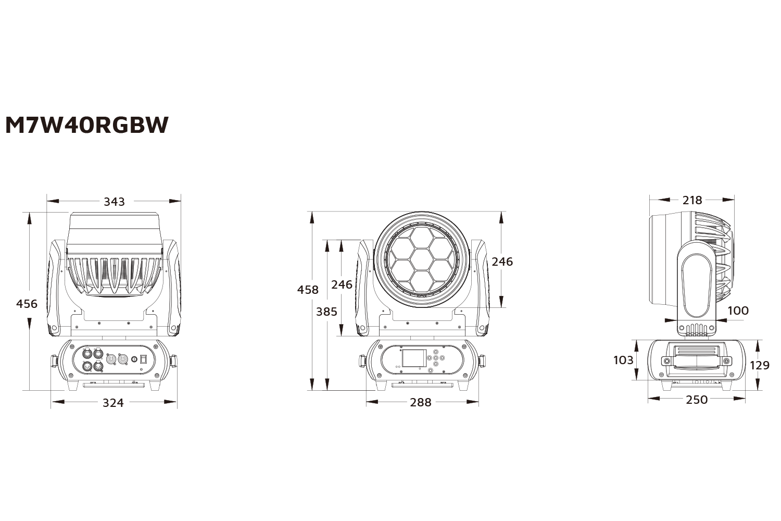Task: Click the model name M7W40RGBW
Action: (86, 125)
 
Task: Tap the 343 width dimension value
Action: (114, 201)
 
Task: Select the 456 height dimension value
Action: (27, 303)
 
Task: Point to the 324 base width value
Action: (113, 403)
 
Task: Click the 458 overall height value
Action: (308, 290)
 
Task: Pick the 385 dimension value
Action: (326, 312)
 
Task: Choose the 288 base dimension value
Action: (421, 402)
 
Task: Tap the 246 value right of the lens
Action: (502, 262)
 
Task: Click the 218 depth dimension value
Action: (692, 200)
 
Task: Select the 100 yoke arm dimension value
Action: (738, 311)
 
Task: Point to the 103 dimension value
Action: (623, 360)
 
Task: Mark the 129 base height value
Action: (759, 365)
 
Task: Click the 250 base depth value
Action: (697, 400)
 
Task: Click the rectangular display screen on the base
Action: (414, 358)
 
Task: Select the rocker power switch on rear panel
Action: (144, 359)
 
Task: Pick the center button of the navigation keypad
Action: (435, 358)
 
